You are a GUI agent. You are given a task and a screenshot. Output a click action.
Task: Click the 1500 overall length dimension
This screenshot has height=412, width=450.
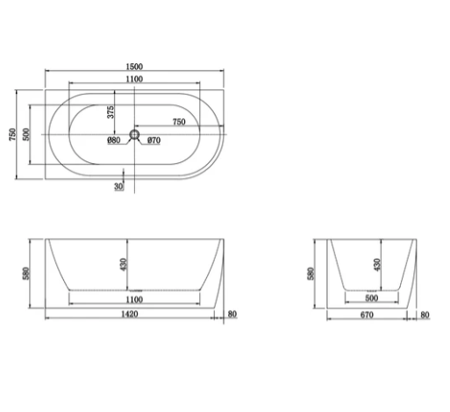click(134, 67)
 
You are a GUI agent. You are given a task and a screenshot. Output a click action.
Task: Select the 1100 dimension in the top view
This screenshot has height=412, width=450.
click(134, 79)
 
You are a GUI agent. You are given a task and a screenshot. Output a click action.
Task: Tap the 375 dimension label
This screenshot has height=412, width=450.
click(111, 112)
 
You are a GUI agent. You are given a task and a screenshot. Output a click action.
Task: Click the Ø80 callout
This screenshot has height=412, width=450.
click(114, 140)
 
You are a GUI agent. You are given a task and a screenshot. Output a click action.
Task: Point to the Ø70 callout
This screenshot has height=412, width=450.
click(154, 140)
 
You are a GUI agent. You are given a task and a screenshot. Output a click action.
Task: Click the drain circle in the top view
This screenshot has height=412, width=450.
click(134, 135)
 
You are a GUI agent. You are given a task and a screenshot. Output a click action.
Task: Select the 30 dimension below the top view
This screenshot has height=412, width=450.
click(118, 186)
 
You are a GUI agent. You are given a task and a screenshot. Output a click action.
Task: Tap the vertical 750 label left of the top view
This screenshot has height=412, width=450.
click(12, 134)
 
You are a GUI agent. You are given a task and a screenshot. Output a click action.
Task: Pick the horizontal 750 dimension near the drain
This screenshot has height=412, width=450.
click(179, 122)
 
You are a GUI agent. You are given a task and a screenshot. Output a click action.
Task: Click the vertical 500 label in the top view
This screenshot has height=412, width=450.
click(26, 134)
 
